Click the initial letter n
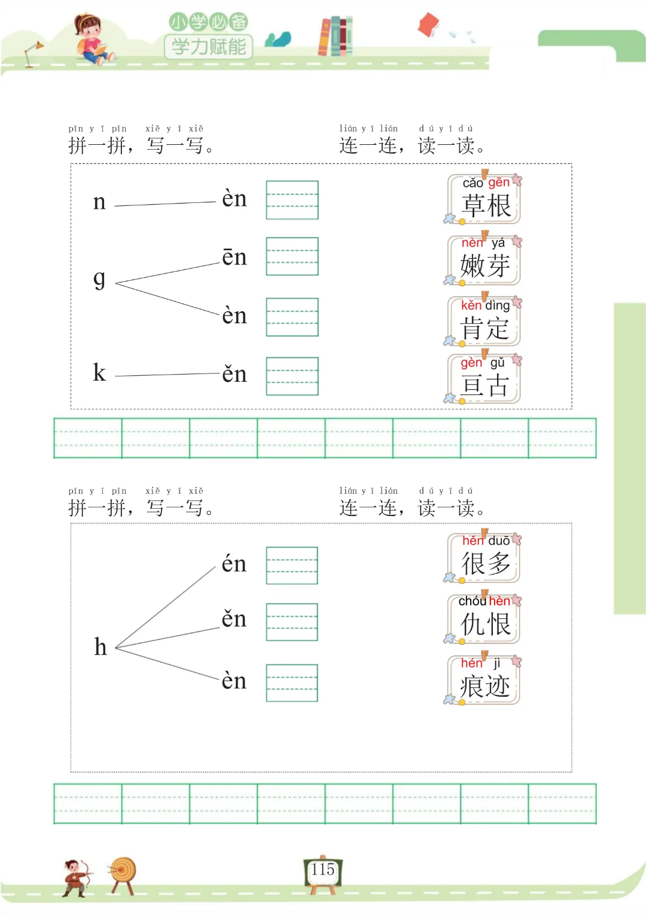[x=99, y=202]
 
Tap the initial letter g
[x=99, y=278]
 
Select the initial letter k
[x=99, y=373]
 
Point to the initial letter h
[x=100, y=646]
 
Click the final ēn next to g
[x=234, y=257]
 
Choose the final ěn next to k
[x=234, y=374]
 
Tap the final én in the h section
[x=234, y=563]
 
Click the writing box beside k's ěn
[x=292, y=376]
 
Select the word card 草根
[x=484, y=199]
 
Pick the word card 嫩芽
[x=484, y=260]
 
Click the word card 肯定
[x=484, y=321]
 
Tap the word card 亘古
[x=484, y=379]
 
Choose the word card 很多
[x=484, y=558]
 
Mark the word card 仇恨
[x=484, y=618]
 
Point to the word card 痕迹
[x=484, y=680]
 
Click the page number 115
[x=323, y=870]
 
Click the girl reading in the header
[x=92, y=39]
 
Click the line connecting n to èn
[x=164, y=204]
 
